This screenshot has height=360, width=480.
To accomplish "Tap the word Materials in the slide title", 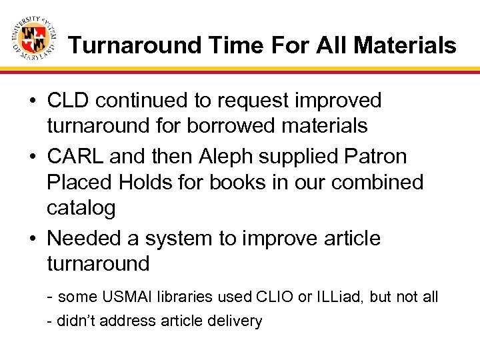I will coord(405,45).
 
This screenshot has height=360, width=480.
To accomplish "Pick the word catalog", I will coord(81,208).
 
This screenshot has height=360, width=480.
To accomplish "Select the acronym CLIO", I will coord(273,297).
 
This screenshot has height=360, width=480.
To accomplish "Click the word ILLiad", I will coord(337,297).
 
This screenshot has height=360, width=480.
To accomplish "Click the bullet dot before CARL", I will coord(32,157).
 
